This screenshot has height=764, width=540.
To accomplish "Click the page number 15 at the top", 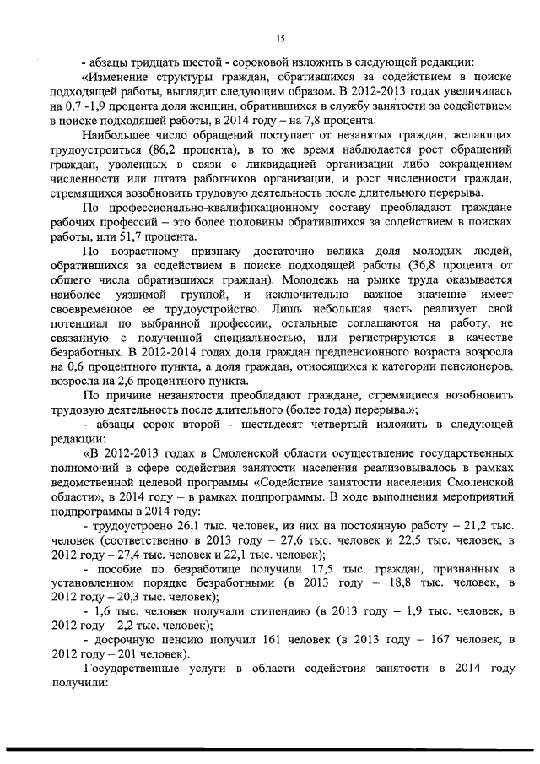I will pos(282,37).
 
